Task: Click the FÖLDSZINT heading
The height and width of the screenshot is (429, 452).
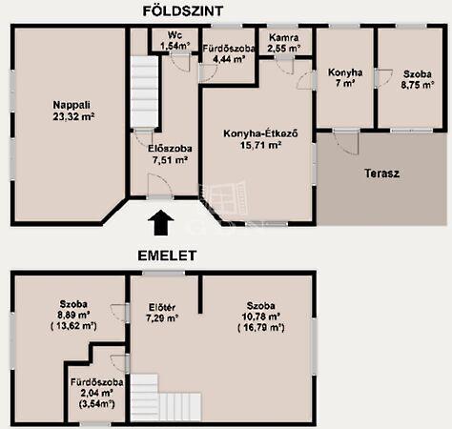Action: pos(183,11)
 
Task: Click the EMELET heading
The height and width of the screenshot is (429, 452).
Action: pos(167,255)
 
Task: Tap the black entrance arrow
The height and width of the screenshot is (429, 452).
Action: pos(161,222)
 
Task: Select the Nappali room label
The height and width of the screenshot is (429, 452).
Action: pos(72,105)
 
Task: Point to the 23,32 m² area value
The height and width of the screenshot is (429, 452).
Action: pos(73,116)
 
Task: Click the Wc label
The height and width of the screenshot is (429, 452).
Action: pos(175,34)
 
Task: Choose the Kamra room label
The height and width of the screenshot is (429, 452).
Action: pos(284,37)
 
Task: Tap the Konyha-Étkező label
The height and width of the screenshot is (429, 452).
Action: pos(260,133)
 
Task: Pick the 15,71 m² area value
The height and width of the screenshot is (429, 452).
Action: pos(260,145)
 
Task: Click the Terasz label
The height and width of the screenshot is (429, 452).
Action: pos(381,174)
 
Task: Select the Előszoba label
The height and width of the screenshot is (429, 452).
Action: pos(170,149)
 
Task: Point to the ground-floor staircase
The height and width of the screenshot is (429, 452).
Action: pos(144,92)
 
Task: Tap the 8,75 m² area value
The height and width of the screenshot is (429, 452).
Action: pos(418,85)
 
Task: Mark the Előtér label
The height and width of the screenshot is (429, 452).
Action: pos(162,307)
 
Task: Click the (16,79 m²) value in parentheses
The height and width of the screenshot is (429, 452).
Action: pos(261,328)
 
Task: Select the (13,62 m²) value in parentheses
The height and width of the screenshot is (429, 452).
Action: pos(73,326)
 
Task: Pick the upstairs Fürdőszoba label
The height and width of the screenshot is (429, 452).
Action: pos(97,382)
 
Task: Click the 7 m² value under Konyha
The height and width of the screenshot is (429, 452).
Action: pos(345,84)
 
